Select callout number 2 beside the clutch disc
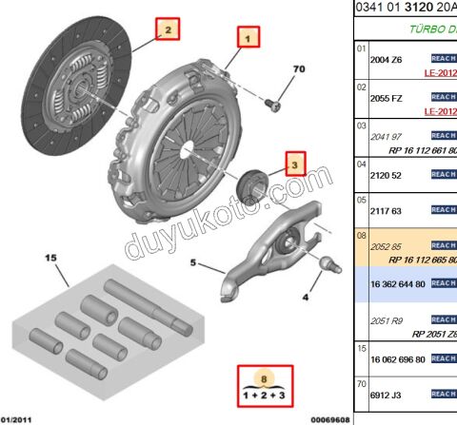[168, 30]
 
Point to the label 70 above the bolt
[298, 69]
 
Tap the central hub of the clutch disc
[82, 92]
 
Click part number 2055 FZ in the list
[387, 97]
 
